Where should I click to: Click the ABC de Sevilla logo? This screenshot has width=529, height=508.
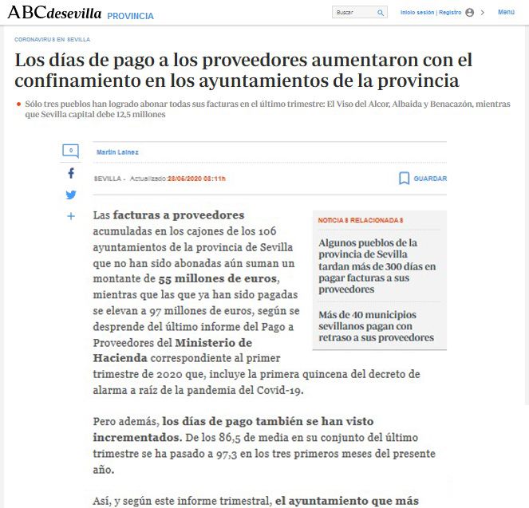(53, 13)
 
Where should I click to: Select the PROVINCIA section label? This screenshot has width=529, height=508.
(130, 16)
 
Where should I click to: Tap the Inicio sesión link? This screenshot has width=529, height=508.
(416, 13)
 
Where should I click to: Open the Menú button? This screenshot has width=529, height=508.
(506, 13)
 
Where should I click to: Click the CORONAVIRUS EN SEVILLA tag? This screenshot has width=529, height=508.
(52, 39)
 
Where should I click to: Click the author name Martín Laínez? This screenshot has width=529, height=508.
(116, 152)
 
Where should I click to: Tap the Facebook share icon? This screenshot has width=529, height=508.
(71, 173)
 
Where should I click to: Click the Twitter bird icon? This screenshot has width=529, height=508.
(71, 195)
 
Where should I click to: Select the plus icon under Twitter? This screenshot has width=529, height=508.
(71, 216)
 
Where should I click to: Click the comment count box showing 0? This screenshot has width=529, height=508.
(71, 150)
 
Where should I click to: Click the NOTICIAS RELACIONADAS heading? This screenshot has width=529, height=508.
(361, 220)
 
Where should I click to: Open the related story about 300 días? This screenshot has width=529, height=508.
(377, 266)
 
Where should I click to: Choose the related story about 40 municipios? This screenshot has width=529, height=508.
(376, 325)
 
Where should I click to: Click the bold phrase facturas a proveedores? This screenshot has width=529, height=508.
(179, 215)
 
